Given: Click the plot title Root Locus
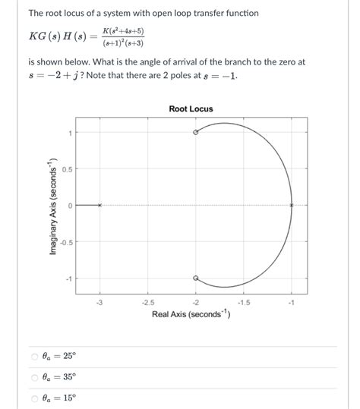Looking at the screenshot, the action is (x=191, y=109).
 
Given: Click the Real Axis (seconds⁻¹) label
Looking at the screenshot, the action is (x=191, y=314).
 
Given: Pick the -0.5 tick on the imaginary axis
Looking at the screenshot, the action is (x=65, y=242).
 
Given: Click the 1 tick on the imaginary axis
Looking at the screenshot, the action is (x=69, y=133).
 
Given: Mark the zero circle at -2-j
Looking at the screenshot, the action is (x=196, y=278).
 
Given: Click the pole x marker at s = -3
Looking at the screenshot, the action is (x=99, y=205).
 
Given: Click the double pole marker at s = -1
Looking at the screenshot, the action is (x=292, y=205).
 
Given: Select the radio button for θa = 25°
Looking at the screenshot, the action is (x=34, y=357).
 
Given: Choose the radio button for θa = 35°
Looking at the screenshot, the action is (x=34, y=377).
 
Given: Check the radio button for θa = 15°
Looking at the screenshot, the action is (x=34, y=398).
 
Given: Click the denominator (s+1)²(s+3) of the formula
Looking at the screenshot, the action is (x=125, y=43).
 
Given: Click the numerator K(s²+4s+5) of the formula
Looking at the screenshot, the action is (x=125, y=32).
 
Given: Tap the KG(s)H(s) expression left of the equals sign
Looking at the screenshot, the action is (x=58, y=37).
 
